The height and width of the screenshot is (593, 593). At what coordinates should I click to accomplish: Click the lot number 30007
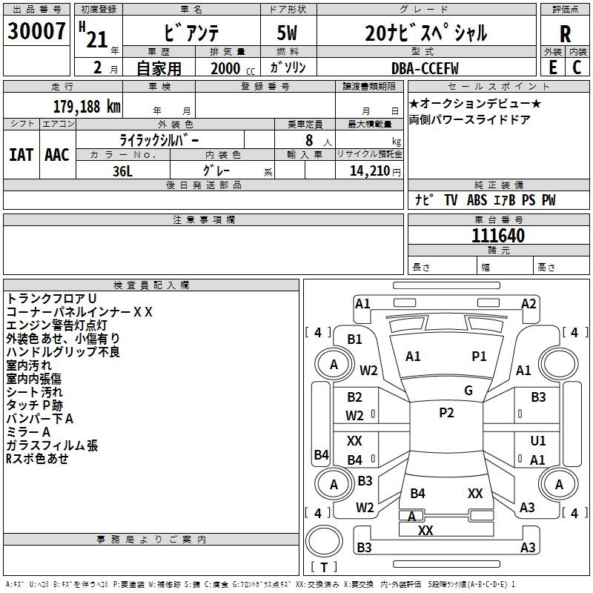(x=36, y=31)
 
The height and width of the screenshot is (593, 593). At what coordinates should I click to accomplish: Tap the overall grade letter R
(x=565, y=34)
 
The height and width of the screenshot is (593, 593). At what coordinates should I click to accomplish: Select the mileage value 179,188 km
(x=87, y=107)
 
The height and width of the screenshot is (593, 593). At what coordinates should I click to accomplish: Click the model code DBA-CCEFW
(x=425, y=68)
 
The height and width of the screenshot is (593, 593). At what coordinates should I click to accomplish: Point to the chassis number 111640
(x=498, y=236)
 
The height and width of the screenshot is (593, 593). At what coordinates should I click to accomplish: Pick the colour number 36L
(x=122, y=171)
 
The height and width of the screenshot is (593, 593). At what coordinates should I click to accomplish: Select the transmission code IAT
(x=21, y=155)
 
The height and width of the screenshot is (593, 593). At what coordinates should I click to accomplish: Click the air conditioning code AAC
(x=57, y=155)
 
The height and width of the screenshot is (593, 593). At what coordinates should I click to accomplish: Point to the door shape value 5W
(x=287, y=33)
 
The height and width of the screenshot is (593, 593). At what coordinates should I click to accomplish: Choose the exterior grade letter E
(x=552, y=67)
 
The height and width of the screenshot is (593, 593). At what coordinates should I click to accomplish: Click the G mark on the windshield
(x=468, y=391)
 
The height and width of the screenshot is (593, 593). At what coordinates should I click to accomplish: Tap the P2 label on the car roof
(x=446, y=413)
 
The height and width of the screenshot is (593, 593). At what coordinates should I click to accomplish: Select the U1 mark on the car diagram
(x=538, y=440)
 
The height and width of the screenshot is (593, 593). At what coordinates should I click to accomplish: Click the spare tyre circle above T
(x=324, y=541)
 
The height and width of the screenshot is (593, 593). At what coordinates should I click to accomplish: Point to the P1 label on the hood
(x=479, y=357)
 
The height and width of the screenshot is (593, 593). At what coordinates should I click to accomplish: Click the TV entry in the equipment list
(x=451, y=200)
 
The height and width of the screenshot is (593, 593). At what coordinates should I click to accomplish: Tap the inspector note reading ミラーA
(x=28, y=432)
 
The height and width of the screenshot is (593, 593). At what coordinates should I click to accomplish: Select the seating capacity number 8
(x=309, y=140)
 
